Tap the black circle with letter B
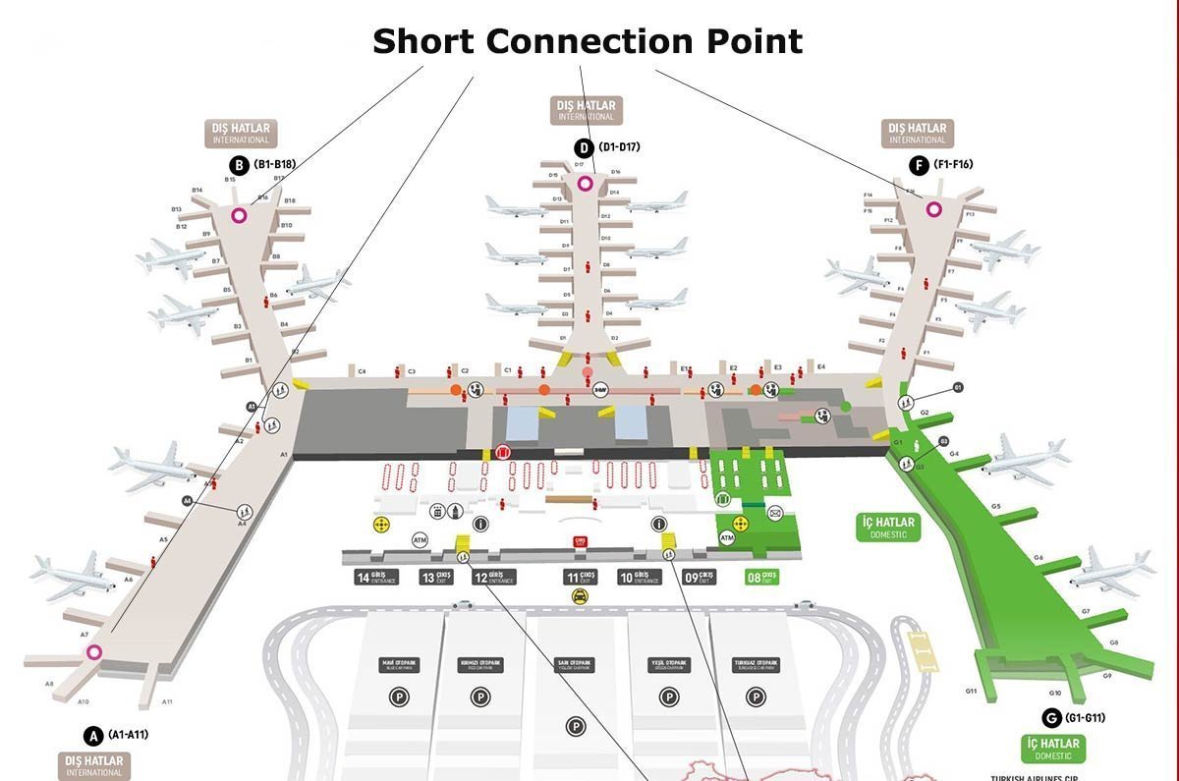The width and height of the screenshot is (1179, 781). coord(238,165)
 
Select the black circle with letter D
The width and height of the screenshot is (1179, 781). coord(584,148)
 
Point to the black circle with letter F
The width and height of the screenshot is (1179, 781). coord(918,165)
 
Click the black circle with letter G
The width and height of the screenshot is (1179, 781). coord(1051,718)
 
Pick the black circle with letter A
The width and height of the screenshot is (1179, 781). coord(93,735)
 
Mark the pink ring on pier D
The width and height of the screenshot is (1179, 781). coord(586,184)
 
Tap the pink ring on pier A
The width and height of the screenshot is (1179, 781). coord(94,651)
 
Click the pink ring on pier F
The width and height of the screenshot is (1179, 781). coord(933,208)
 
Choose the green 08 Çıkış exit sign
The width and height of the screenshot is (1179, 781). coord(762,578)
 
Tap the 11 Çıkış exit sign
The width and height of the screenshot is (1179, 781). coord(581,578)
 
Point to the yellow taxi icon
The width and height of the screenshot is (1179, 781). coord(581,596)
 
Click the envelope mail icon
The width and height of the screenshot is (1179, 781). coord(775,512)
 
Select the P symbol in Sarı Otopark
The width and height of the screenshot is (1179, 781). coord(576,726)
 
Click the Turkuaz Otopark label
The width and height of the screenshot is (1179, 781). coord(756,665)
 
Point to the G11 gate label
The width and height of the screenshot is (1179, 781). coord(971,692)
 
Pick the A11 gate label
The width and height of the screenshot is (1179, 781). coord(168,701)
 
